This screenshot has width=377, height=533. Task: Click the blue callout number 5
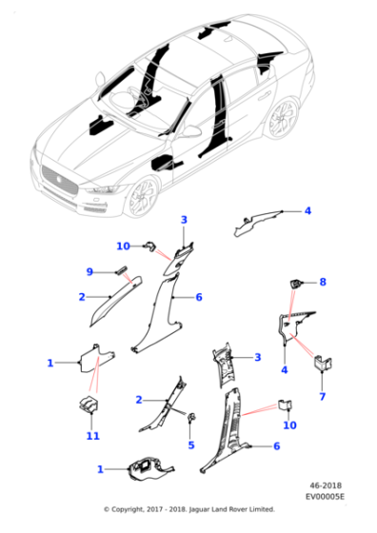pos(191,445)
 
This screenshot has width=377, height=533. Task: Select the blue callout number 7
pos(322,396)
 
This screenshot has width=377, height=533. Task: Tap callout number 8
pos(323,282)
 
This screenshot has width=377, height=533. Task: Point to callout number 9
pos(89,272)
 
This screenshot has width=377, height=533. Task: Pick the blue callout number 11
pos(92,436)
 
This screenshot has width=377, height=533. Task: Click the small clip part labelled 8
pos(295,284)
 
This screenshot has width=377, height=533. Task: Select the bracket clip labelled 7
pos(323,363)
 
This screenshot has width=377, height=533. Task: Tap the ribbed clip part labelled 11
pos(89,405)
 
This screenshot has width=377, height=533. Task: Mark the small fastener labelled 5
pos(192,417)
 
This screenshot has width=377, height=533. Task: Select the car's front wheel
pos(143,197)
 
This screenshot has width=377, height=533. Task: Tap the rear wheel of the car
pos(283,116)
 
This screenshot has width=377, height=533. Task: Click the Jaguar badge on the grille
pos(59,180)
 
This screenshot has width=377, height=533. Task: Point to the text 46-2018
pos(326,485)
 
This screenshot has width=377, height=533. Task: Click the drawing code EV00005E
pos(325,497)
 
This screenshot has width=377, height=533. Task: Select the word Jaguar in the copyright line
pos(199,509)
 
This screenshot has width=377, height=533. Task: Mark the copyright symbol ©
pos(107,509)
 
